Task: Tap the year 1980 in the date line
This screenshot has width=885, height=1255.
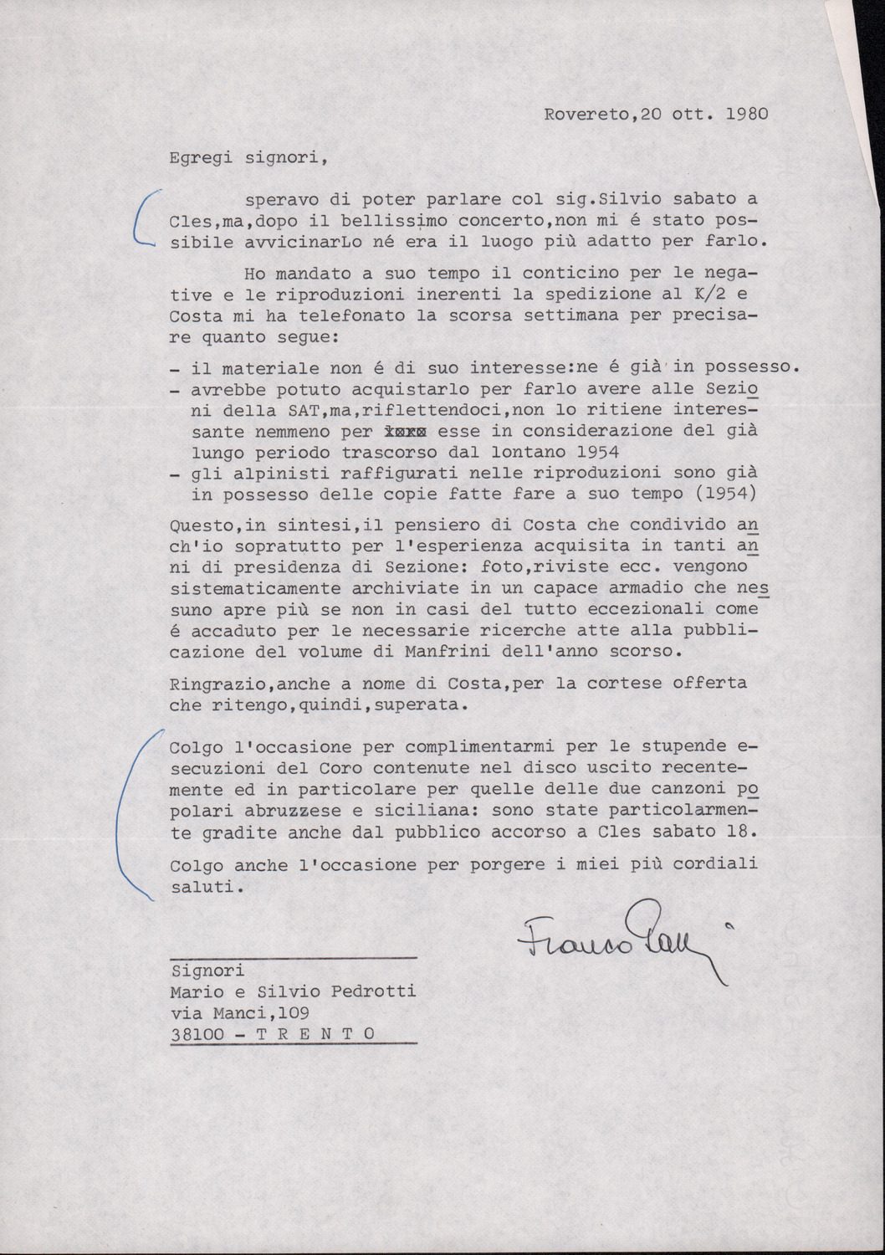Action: (747, 114)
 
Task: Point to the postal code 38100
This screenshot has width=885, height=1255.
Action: (197, 1034)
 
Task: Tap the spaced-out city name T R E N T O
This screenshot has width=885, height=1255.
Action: (315, 1034)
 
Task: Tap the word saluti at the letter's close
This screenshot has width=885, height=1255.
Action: (202, 888)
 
